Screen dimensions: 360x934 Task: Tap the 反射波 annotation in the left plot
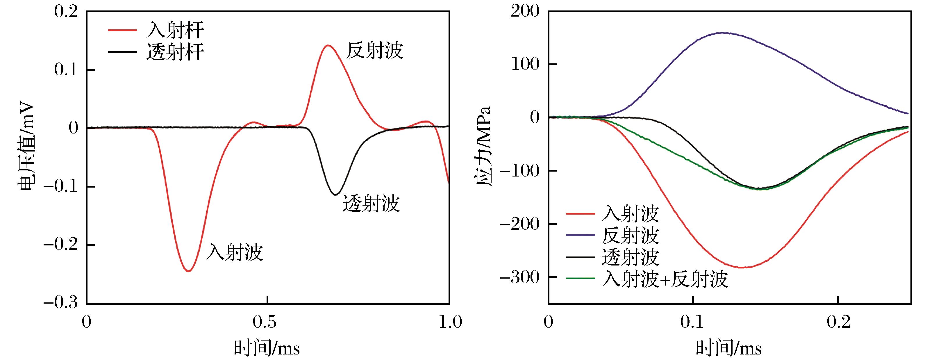374,51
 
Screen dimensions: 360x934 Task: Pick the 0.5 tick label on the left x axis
267,322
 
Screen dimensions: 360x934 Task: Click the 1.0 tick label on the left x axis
449,322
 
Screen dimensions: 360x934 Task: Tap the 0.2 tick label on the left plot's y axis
66,12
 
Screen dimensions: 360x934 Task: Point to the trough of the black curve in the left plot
336,195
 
